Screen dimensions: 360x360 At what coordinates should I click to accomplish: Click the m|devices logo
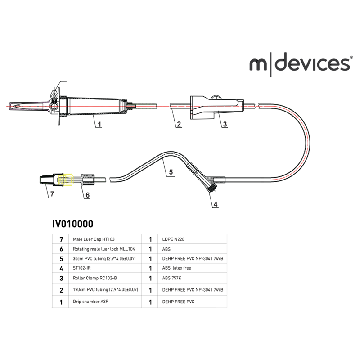tap(299, 64)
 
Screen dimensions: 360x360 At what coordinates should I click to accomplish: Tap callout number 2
tap(179, 124)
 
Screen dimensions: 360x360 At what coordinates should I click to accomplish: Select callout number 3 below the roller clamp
tap(225, 124)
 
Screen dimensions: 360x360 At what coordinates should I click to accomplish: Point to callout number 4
tap(215, 204)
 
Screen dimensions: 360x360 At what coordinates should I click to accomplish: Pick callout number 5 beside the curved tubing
tap(171, 172)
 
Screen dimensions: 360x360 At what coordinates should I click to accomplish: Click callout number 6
tap(87, 195)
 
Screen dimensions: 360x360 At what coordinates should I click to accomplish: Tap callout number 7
tap(52, 194)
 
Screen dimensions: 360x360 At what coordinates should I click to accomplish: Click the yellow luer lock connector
tap(68, 180)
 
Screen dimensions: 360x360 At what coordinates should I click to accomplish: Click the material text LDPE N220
tap(173, 239)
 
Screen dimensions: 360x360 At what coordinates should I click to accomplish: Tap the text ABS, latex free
tap(176, 268)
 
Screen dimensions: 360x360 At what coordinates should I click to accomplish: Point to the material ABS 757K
tap(172, 278)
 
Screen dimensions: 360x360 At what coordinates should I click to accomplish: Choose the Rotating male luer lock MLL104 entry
tap(103, 248)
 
